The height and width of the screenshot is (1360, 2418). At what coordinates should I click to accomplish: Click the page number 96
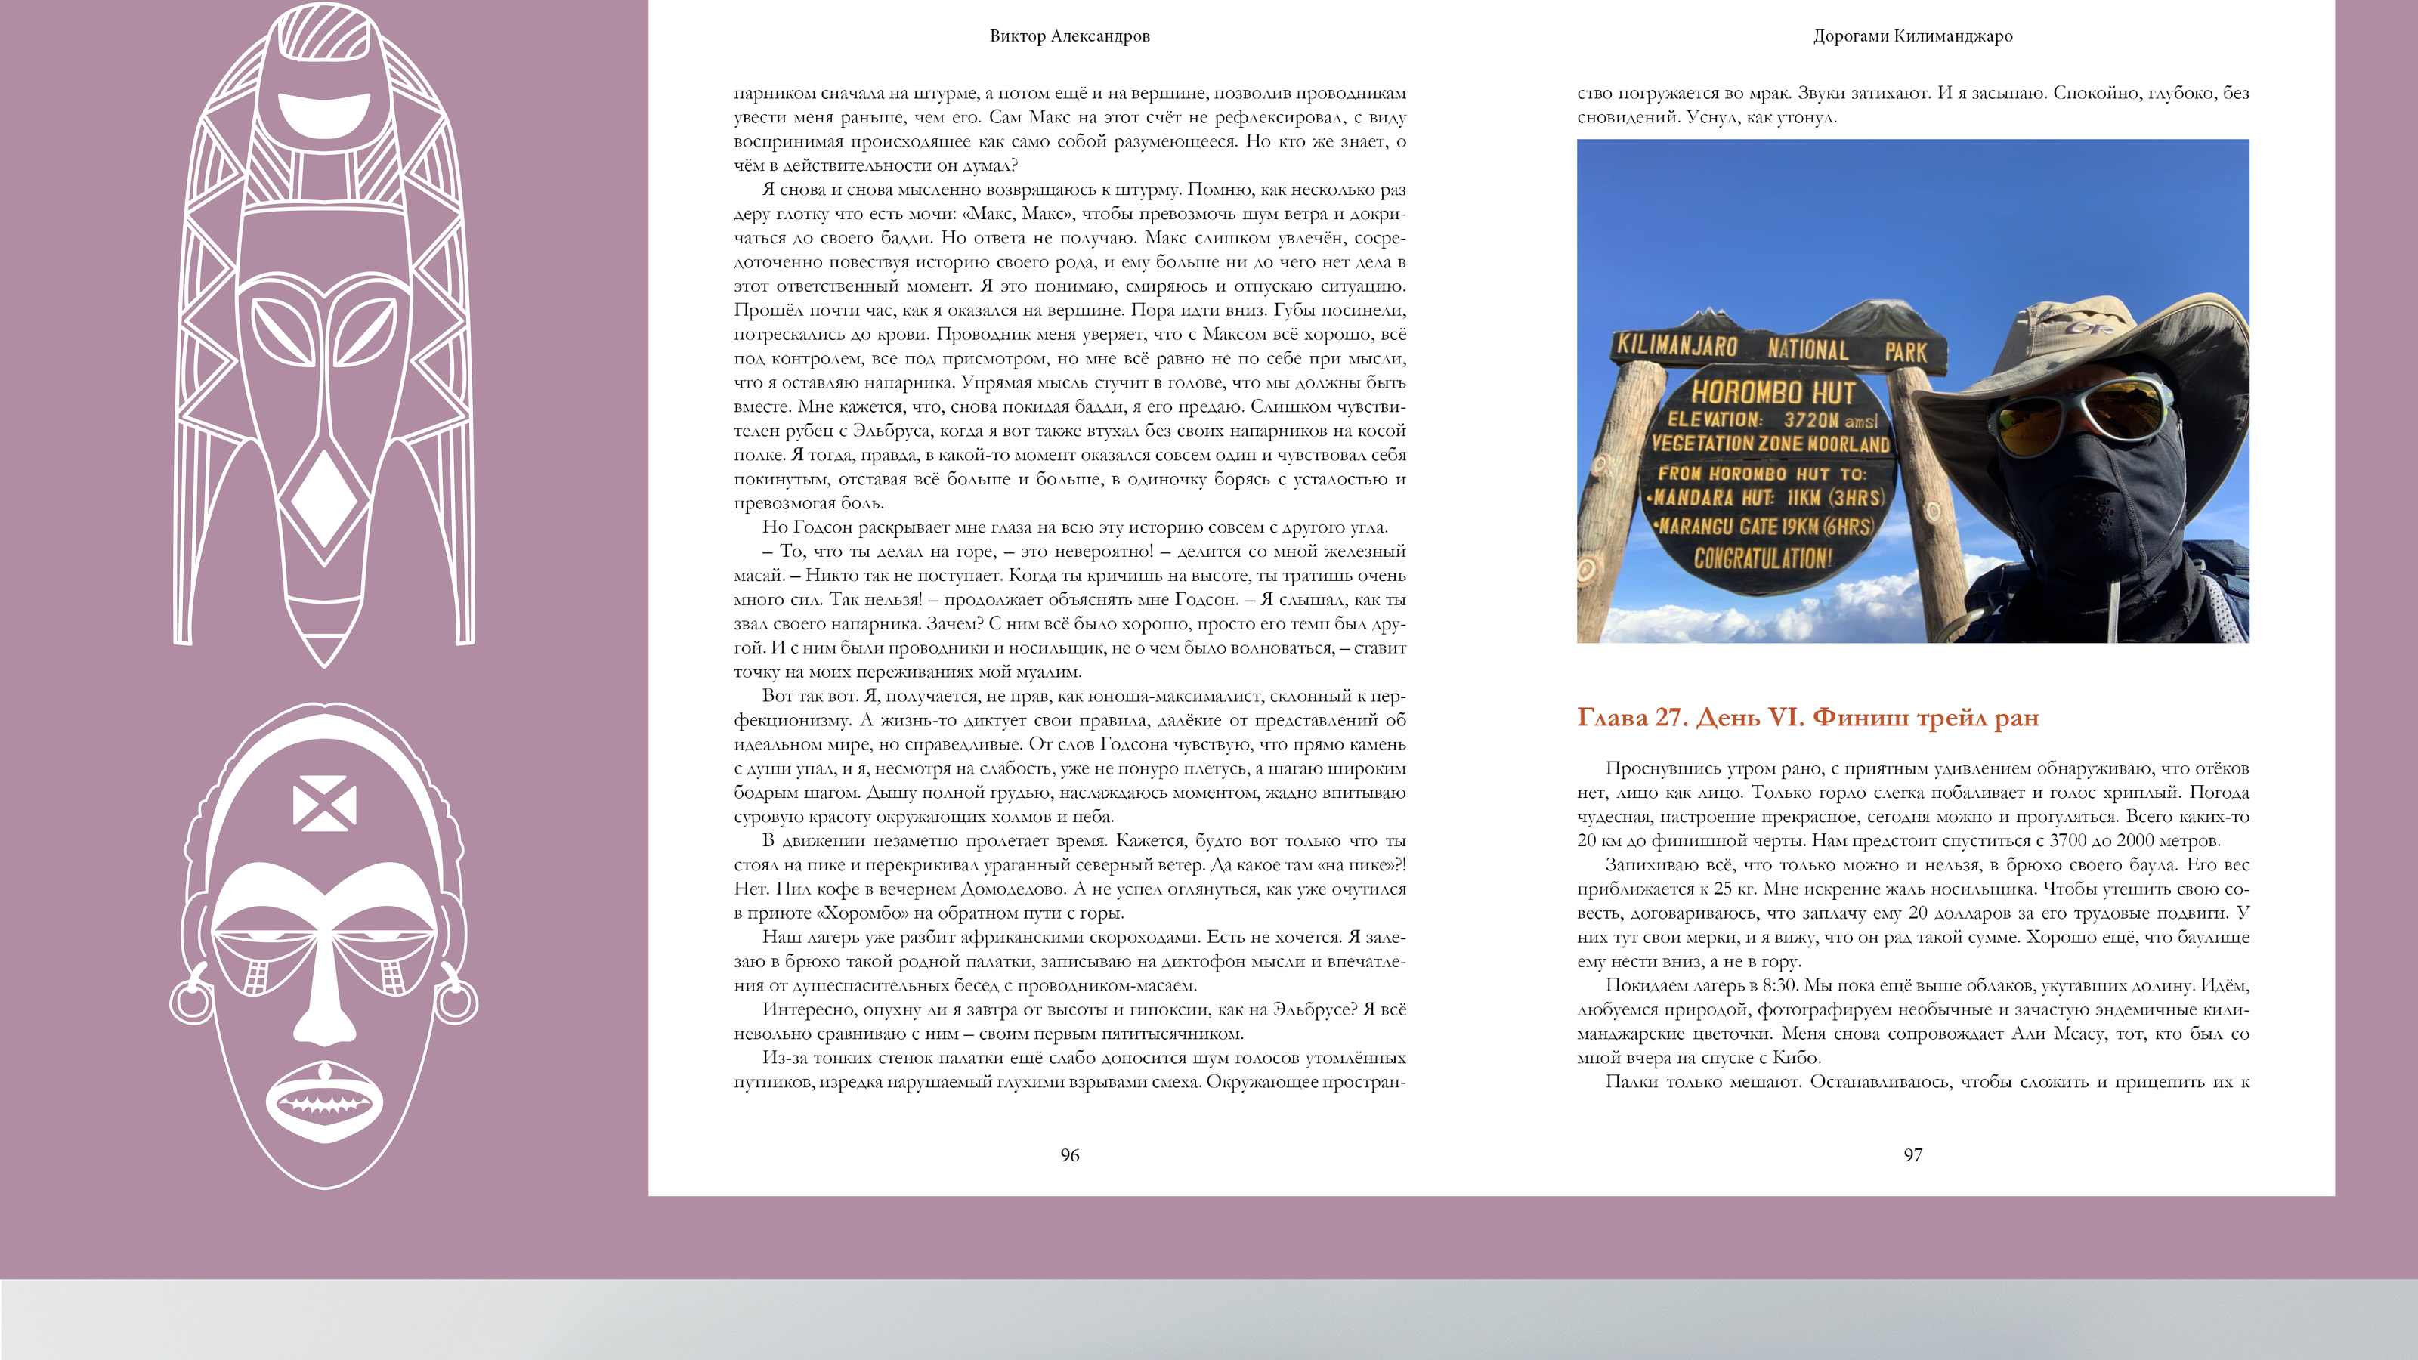click(x=1069, y=1155)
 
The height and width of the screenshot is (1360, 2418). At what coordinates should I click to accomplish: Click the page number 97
click(x=1912, y=1155)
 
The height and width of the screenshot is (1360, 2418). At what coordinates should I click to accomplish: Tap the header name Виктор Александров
click(x=1069, y=36)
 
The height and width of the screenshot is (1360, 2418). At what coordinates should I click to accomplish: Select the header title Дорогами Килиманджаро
click(x=1912, y=36)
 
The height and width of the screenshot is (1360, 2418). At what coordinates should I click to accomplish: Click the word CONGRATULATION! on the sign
click(x=1763, y=558)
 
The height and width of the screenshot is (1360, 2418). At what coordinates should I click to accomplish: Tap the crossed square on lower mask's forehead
click(x=324, y=803)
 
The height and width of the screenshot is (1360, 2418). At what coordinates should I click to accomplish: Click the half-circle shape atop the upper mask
click(x=324, y=113)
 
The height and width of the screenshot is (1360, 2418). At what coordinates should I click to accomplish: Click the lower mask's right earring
click(x=457, y=999)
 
